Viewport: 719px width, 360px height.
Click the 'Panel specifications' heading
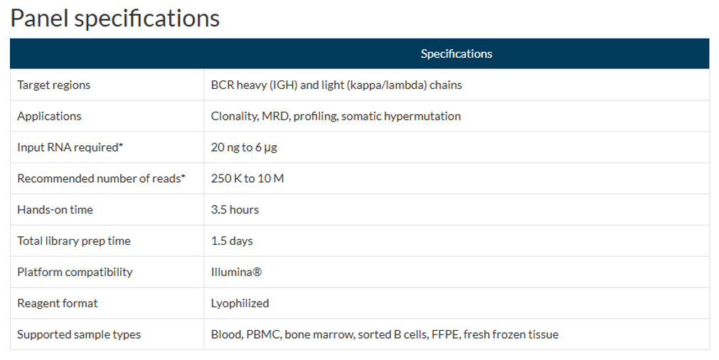114,18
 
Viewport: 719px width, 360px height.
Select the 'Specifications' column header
456,54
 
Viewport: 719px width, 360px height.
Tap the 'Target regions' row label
54,85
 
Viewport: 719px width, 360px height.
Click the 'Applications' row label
49,116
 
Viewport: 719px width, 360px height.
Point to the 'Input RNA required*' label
70,147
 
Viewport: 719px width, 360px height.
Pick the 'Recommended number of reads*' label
101,179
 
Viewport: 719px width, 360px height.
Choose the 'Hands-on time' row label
55,210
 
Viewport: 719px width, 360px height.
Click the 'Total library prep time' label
74,241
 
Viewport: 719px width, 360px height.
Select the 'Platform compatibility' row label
75,272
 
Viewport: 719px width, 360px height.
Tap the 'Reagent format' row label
58,303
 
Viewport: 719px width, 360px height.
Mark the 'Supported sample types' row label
79,334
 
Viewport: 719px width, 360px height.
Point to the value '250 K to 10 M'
247,179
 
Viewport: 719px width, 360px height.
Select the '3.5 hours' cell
235,210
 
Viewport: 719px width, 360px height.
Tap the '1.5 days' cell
232,241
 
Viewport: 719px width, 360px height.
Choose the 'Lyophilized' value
240,303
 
